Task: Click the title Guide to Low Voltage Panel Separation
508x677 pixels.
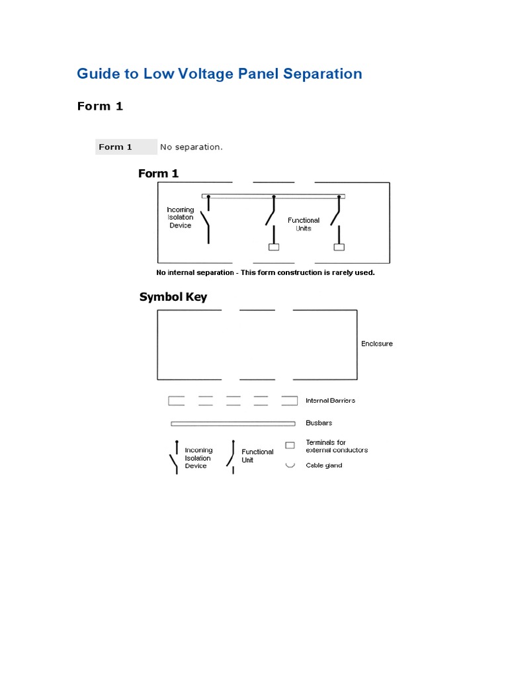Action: (219, 73)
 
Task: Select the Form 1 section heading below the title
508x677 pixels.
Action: (100, 106)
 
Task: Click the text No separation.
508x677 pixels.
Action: (191, 147)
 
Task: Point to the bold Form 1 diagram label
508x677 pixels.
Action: (158, 174)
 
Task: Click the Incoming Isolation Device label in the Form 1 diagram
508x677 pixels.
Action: (180, 218)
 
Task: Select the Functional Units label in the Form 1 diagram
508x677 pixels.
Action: (304, 224)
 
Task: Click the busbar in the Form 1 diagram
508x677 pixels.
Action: (273, 196)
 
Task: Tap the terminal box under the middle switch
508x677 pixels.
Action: (273, 247)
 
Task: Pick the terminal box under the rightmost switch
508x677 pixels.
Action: (339, 247)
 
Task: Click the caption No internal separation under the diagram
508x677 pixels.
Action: (265, 272)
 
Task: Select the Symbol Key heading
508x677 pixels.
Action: (173, 297)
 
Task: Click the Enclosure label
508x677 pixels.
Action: (377, 344)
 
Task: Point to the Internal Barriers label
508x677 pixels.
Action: (330, 401)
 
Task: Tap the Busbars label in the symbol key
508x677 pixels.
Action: (319, 423)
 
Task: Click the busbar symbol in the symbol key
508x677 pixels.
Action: (233, 423)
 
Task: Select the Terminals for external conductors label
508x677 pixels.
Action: (336, 446)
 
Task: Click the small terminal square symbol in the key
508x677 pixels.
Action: (290, 446)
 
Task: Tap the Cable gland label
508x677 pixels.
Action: (323, 465)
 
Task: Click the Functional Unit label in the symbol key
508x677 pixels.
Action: (257, 456)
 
